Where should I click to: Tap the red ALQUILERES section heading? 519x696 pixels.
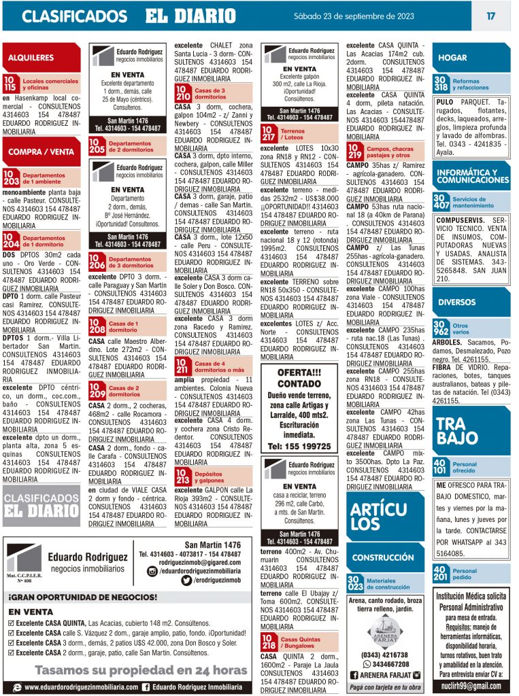point(32,58)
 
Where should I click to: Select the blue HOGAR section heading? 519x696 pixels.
point(452,58)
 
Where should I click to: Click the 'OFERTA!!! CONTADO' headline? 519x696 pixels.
point(299,378)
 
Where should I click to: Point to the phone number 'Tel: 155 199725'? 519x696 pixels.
point(299,447)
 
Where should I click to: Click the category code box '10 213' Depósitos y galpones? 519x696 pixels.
point(182,476)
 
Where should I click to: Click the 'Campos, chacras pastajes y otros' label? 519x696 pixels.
point(390,152)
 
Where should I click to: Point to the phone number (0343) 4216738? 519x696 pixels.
point(385,655)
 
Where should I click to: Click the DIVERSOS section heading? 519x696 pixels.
point(456,302)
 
